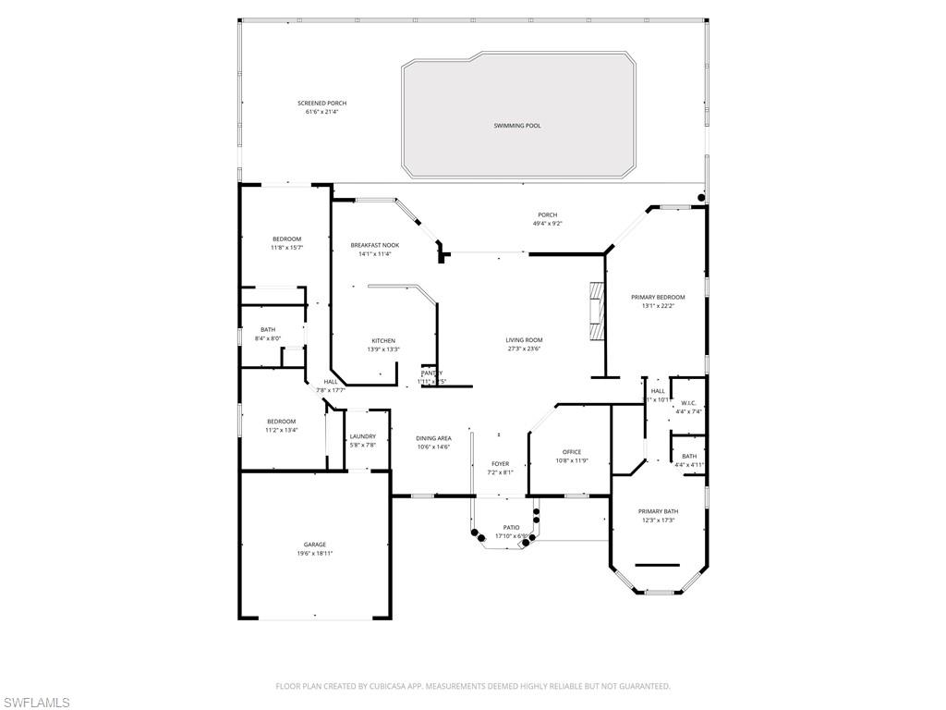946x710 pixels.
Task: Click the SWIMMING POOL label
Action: point(516,125)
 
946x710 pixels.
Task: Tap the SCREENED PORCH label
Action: point(322,104)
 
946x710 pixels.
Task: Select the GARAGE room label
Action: point(315,545)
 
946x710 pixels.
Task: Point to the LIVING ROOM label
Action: point(524,340)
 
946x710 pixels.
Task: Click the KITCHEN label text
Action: point(383,340)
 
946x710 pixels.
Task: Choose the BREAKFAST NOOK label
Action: point(375,245)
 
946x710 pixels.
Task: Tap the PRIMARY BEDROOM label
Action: point(658,298)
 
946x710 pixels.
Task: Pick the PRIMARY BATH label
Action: point(658,511)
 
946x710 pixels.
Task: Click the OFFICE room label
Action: point(572,452)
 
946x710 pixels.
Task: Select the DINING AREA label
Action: point(433,438)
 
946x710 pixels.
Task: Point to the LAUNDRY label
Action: point(362,436)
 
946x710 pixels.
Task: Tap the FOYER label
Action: point(500,464)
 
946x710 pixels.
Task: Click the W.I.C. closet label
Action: point(688,403)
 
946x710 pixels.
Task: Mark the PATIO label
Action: point(511,528)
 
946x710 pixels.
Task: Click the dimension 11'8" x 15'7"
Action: point(286,248)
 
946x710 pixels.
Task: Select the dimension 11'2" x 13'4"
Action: point(282,430)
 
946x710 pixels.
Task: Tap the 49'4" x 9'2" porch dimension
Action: point(548,224)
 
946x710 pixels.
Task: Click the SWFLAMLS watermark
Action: point(36,703)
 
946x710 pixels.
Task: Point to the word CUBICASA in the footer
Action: point(382,686)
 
